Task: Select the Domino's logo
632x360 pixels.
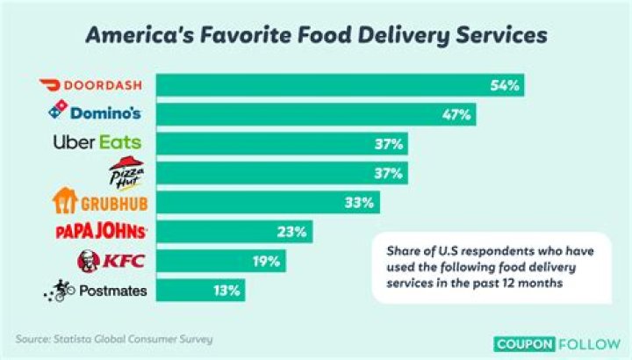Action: tap(97, 113)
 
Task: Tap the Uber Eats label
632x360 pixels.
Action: tap(97, 142)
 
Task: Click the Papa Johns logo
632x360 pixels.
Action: tap(101, 232)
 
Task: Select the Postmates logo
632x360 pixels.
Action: tap(97, 290)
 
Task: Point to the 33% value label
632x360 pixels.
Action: tap(360, 202)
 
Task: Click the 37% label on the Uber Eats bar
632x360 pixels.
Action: tap(389, 143)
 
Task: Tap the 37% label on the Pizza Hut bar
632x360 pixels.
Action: tap(389, 172)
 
